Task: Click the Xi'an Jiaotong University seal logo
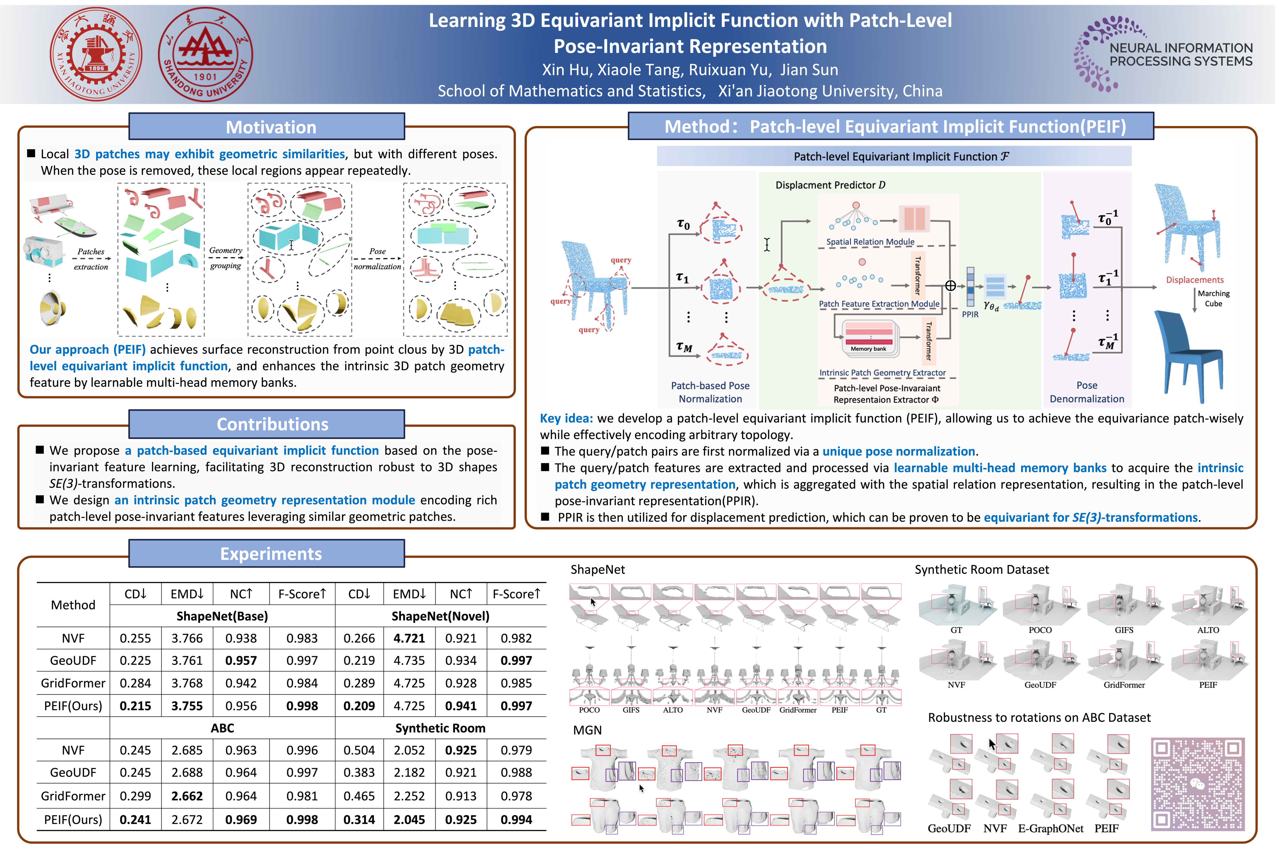[96, 54]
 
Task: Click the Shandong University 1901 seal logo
[205, 54]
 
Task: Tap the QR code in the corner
[1198, 783]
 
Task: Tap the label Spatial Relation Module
[870, 242]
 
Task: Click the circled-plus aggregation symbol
[950, 286]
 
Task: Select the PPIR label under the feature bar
[970, 315]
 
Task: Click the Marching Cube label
[1213, 298]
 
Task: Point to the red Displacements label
[1194, 280]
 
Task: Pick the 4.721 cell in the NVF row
[409, 638]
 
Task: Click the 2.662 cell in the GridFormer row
[187, 796]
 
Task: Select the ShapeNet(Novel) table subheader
[440, 616]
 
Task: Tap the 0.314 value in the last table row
[359, 820]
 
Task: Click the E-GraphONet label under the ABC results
[1050, 828]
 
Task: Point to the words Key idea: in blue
[566, 418]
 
